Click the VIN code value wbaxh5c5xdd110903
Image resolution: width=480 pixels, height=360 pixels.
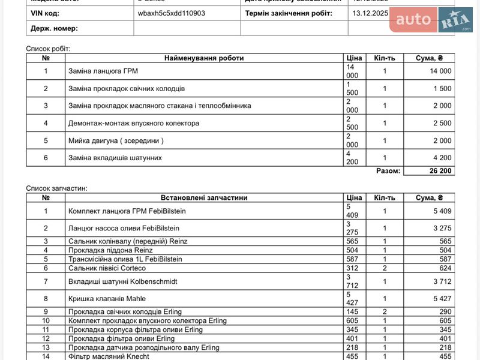coord(171,13)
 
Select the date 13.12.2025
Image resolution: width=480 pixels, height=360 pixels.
coord(371,13)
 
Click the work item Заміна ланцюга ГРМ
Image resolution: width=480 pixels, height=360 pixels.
coord(103,71)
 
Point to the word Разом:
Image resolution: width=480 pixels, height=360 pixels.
coord(388,170)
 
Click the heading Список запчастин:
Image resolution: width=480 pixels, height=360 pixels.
coord(56,188)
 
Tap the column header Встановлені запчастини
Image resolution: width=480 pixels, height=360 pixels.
coord(204,197)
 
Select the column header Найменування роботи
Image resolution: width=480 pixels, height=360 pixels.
coord(204,58)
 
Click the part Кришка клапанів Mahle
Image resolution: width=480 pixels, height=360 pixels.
coord(107,298)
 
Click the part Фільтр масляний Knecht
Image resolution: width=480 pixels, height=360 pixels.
coord(109,356)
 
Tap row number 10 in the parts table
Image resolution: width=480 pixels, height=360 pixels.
coord(46,321)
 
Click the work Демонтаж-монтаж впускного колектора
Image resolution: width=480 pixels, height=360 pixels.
coord(134,123)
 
